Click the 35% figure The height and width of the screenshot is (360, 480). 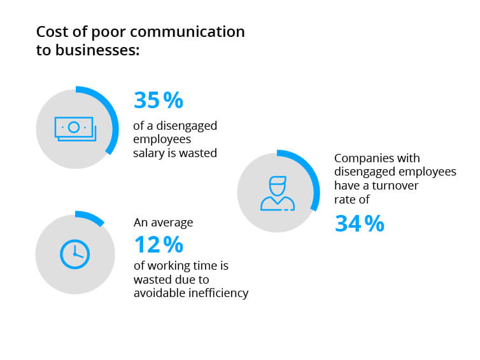click(x=158, y=100)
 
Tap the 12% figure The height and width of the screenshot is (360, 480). click(x=158, y=244)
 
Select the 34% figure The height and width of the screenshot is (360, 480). click(x=360, y=223)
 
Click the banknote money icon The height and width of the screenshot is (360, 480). click(x=75, y=128)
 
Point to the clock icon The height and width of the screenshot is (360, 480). click(x=74, y=254)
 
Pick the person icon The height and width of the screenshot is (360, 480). click(x=278, y=193)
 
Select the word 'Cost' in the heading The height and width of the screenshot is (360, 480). click(x=52, y=32)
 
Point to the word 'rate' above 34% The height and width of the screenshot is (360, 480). click(x=345, y=199)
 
